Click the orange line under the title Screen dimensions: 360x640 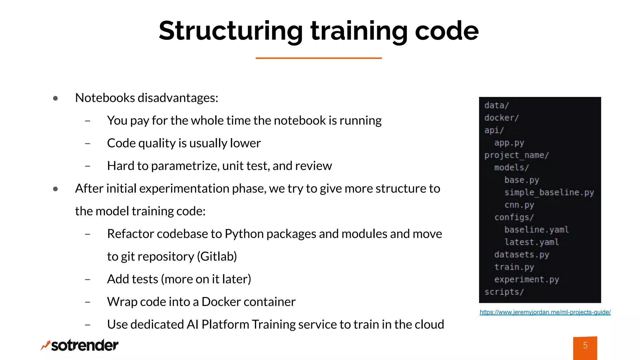(318, 58)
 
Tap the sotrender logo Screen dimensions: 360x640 (80, 345)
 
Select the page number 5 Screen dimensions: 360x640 (585, 346)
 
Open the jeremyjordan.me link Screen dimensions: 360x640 (545, 312)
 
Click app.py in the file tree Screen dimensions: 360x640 (509, 143)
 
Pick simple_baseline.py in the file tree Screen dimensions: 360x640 (549, 192)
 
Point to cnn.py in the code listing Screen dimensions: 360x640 (519, 205)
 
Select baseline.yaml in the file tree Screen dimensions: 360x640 (536, 230)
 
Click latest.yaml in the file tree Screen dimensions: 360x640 (531, 242)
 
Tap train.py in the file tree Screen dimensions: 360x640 (514, 267)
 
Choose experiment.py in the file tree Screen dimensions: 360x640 (527, 279)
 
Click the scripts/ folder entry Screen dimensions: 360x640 (504, 292)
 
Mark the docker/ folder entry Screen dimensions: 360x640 (502, 118)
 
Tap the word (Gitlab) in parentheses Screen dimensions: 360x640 (217, 257)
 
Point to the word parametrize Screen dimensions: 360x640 (185, 166)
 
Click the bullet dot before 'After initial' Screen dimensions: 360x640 (56, 189)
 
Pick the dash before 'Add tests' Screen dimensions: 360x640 (87, 279)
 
